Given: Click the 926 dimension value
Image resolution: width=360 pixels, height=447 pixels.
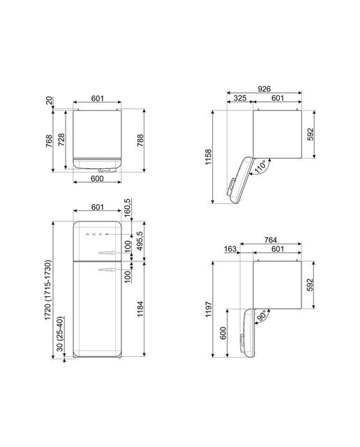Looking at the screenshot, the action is point(264,89).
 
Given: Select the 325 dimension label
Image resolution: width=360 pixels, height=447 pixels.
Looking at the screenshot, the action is point(240,98).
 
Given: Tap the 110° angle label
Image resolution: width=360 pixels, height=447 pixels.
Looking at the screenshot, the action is point(260,167).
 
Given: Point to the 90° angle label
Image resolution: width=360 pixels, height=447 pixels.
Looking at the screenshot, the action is point(262,316).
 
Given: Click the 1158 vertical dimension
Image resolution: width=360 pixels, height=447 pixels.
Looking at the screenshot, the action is point(209,156).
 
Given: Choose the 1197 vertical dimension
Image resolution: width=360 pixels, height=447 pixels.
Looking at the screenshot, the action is point(209,309).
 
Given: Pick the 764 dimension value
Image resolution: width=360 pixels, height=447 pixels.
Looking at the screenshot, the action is point(270,240).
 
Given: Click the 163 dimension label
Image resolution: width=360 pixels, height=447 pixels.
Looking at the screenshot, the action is point(230,249).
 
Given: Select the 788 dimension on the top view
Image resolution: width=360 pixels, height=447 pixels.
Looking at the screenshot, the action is point(140,140).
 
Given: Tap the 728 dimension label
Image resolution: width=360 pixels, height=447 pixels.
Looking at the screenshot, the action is point(61,140).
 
